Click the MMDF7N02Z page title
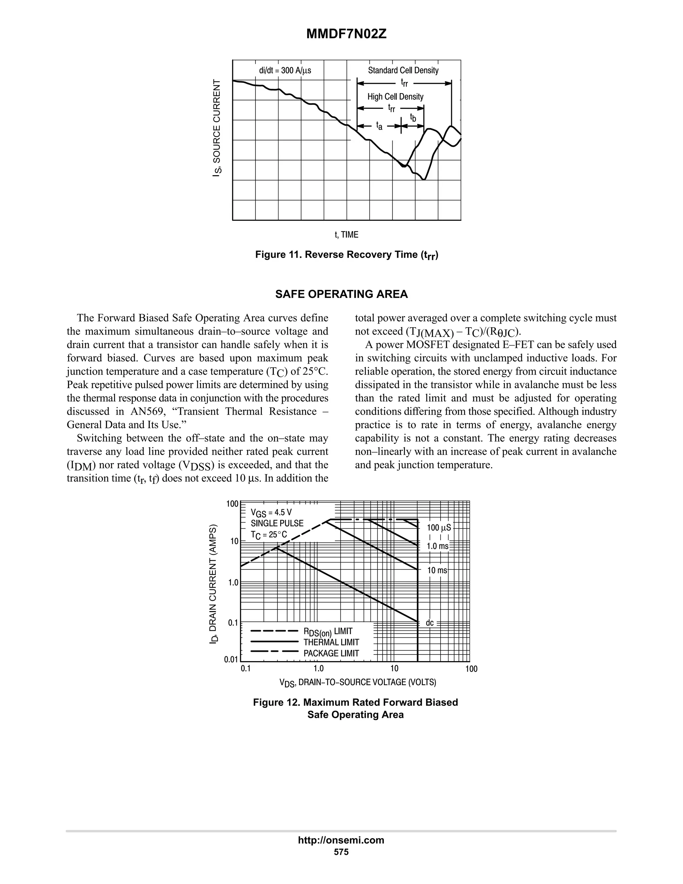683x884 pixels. [347, 34]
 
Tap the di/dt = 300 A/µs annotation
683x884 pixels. [285, 70]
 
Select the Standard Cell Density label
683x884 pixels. [403, 70]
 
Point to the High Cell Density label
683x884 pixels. [395, 97]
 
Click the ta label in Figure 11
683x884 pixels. [379, 126]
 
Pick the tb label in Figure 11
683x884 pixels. [413, 118]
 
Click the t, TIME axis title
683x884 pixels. [347, 235]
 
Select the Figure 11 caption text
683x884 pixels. [347, 255]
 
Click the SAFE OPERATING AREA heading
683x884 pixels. [341, 294]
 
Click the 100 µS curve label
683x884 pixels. [439, 528]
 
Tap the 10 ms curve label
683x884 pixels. [437, 570]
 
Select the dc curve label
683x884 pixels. [430, 623]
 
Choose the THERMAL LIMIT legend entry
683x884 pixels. [331, 642]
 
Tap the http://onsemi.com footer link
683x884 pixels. [341, 840]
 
